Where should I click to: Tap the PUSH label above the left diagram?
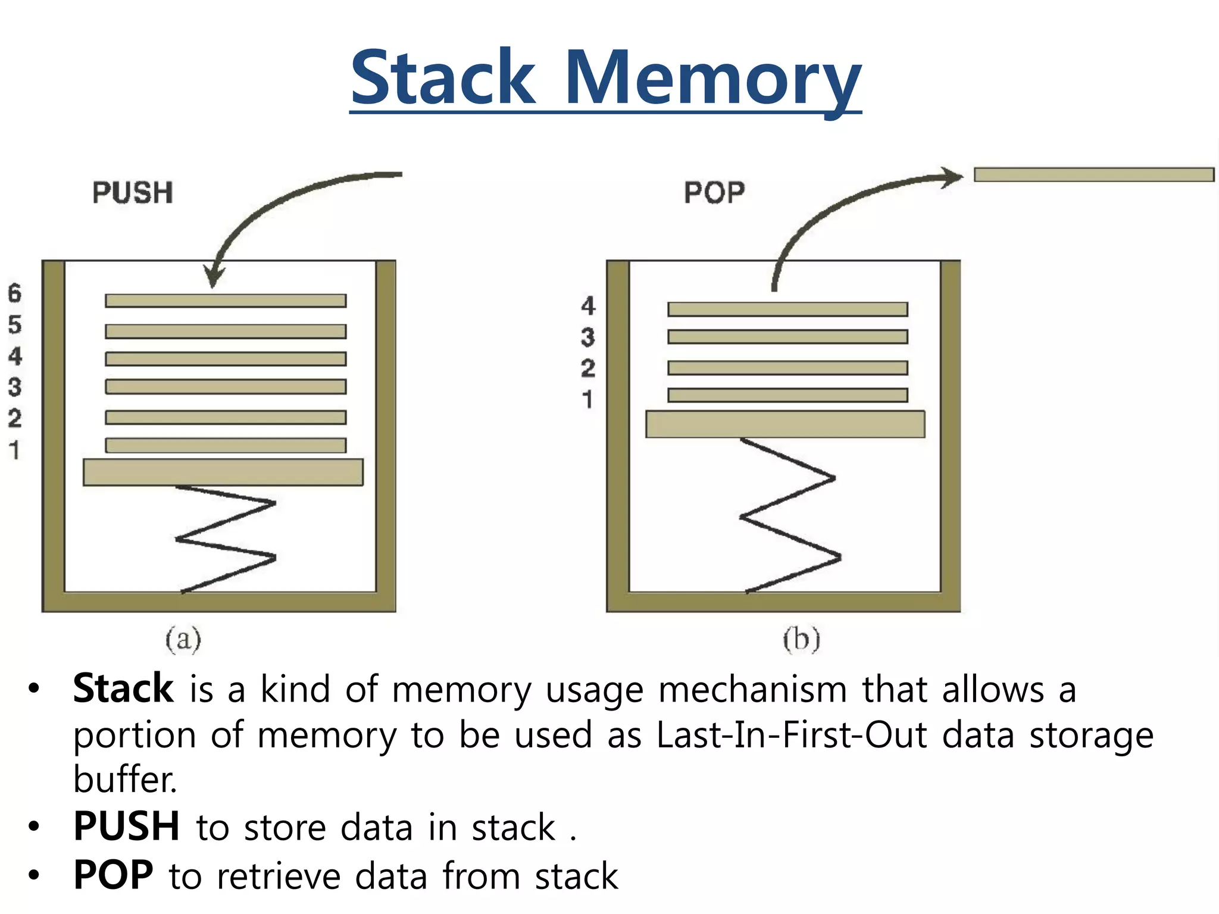(x=132, y=193)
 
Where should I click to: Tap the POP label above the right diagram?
(x=714, y=193)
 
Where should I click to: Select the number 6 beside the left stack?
(x=14, y=293)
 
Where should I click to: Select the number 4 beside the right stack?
(x=588, y=306)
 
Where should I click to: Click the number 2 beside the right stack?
(x=588, y=368)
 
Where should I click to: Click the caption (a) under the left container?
(x=183, y=640)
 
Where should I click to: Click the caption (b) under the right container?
(x=801, y=640)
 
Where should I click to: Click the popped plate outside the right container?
(x=1093, y=174)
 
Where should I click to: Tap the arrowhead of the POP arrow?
(x=952, y=177)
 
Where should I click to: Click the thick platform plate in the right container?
(x=785, y=424)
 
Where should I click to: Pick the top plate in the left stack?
(x=226, y=301)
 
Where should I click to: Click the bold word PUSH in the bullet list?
(x=126, y=827)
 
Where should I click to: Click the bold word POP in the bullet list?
(x=113, y=875)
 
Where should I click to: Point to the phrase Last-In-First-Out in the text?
(x=791, y=735)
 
